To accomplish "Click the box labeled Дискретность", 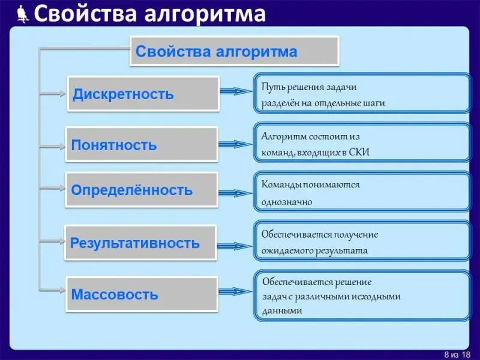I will tap(143, 94).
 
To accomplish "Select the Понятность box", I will tap(141, 145).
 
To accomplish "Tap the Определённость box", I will tap(141, 190).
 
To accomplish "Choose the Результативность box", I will tap(140, 242).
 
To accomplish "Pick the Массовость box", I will tap(141, 294).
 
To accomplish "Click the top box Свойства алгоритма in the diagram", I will tap(234, 51).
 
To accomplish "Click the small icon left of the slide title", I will tap(23, 13).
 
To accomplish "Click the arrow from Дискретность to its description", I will tap(235, 91).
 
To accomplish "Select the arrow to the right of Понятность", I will tap(235, 144).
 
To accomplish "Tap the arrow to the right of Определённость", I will tap(235, 193).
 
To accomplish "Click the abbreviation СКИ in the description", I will tap(359, 152).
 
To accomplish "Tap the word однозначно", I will tap(287, 202).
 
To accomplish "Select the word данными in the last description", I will tap(282, 311).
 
